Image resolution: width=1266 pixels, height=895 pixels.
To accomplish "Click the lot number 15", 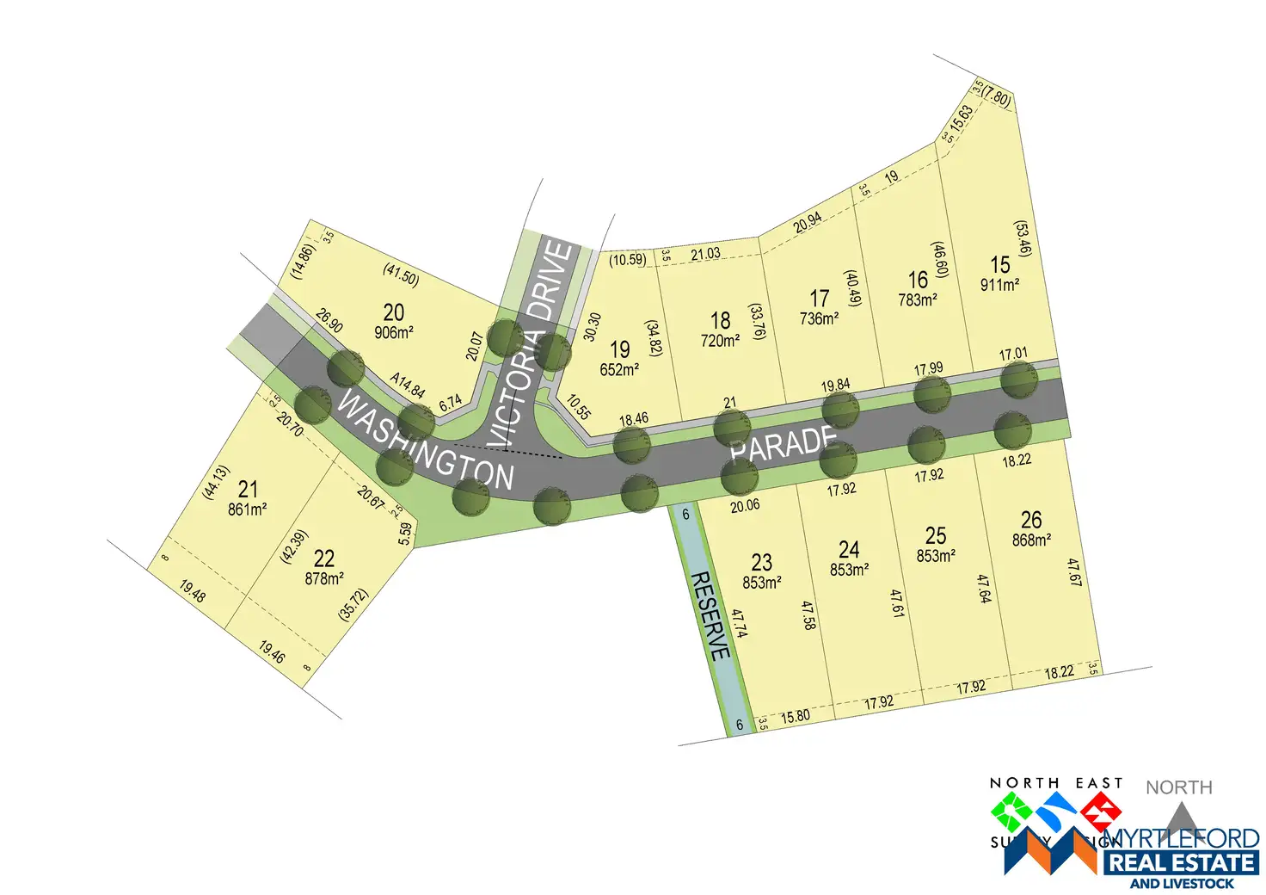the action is pyautogui.click(x=999, y=264).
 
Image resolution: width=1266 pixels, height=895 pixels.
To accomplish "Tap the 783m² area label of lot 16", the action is pyautogui.click(x=918, y=300).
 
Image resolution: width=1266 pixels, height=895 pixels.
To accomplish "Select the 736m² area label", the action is pyautogui.click(x=819, y=318).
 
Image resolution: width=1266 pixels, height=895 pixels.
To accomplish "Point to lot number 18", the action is pyautogui.click(x=720, y=320).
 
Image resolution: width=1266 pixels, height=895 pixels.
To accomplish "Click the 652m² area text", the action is pyautogui.click(x=619, y=370).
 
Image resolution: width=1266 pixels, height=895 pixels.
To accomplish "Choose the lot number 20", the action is pyautogui.click(x=394, y=312).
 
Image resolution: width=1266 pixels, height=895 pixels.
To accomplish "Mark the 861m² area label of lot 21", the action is pyautogui.click(x=248, y=509).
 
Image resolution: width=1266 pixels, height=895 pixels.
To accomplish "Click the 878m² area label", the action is pyautogui.click(x=324, y=579).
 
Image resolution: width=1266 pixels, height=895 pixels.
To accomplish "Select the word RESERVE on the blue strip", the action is pyautogui.click(x=710, y=615).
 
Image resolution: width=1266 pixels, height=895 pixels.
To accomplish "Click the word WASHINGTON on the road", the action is pyautogui.click(x=425, y=441).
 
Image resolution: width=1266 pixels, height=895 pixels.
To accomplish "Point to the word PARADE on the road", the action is pyautogui.click(x=783, y=442).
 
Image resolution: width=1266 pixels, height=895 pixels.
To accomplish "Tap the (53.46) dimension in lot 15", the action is pyautogui.click(x=1023, y=238).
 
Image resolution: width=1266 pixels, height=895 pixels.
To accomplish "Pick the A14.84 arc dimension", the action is pyautogui.click(x=407, y=385).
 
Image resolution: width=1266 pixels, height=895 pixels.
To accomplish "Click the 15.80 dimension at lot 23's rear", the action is pyautogui.click(x=795, y=716).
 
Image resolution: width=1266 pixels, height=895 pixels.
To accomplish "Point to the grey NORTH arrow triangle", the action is pyautogui.click(x=1180, y=818).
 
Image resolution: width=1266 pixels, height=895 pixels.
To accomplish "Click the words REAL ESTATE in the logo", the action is pyautogui.click(x=1181, y=862).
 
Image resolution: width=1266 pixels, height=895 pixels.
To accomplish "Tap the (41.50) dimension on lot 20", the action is pyautogui.click(x=401, y=275).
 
